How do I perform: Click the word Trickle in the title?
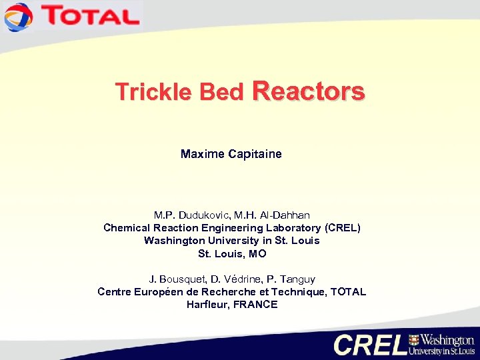click(145, 92)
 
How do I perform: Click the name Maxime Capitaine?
click(231, 154)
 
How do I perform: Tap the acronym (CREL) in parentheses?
click(341, 227)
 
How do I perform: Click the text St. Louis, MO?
click(231, 253)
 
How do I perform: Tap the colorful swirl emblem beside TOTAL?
click(18, 17)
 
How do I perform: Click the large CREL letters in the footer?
click(370, 344)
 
